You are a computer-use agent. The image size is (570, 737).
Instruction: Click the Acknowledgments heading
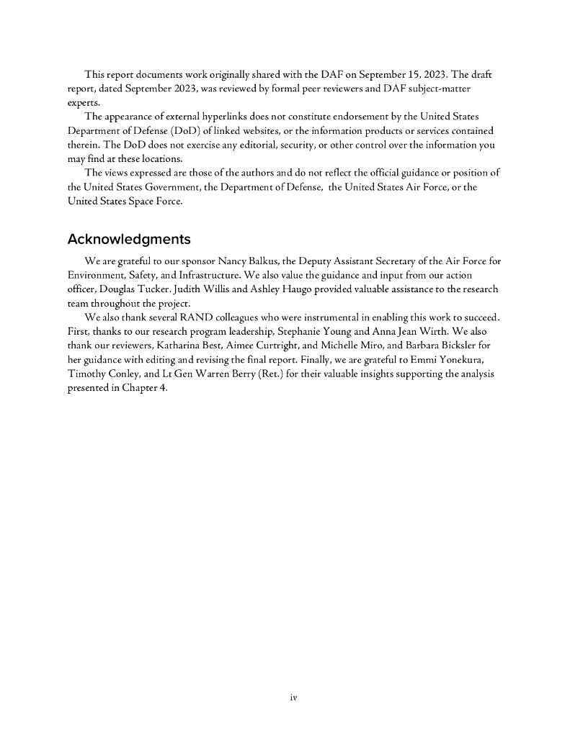point(129,239)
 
